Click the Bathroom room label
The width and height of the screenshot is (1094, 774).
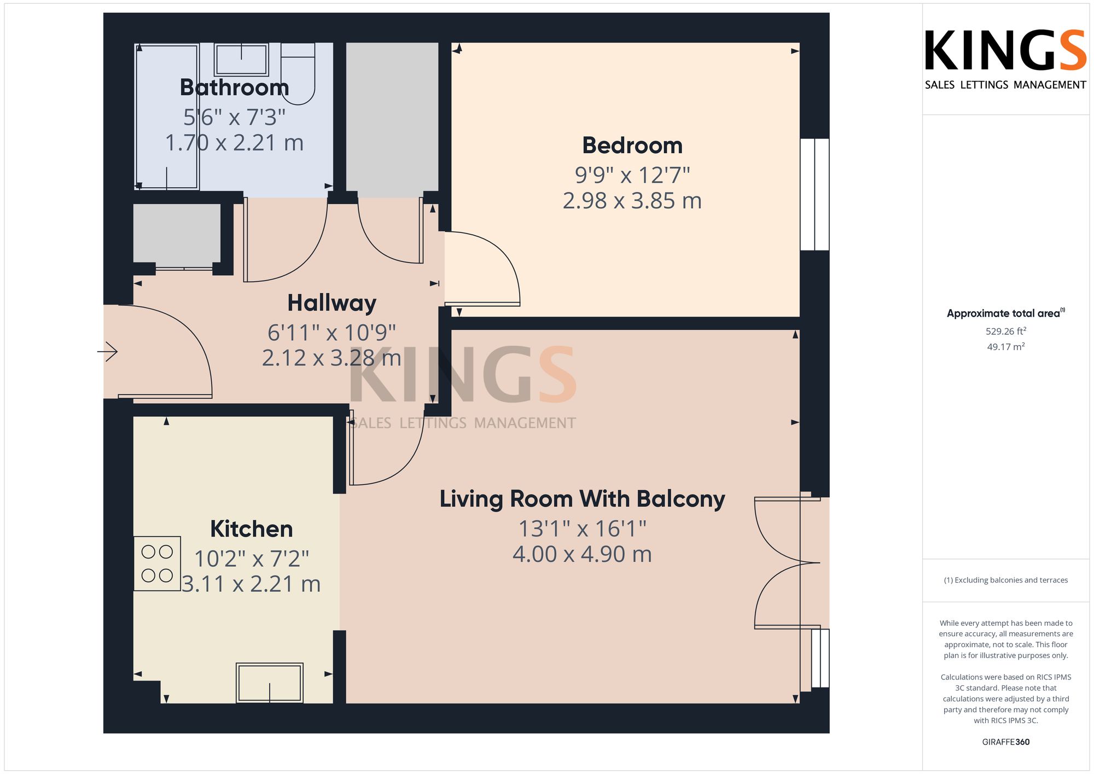pyautogui.click(x=234, y=88)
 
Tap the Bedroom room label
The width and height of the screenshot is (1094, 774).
pyautogui.click(x=632, y=146)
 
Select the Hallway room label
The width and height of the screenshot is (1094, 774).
pyautogui.click(x=332, y=304)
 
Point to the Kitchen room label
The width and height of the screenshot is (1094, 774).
pyautogui.click(x=252, y=529)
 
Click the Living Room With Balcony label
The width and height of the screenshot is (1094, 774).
pyautogui.click(x=583, y=499)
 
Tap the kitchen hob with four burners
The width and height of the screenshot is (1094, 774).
pyautogui.click(x=158, y=563)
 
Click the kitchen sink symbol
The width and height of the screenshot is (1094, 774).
pyautogui.click(x=270, y=683)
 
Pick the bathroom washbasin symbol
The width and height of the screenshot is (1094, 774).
pyautogui.click(x=241, y=59)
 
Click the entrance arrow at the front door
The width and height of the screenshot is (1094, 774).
pyautogui.click(x=108, y=351)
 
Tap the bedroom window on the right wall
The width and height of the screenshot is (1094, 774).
pyautogui.click(x=814, y=194)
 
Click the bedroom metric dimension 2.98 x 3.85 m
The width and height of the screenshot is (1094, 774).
pyautogui.click(x=632, y=201)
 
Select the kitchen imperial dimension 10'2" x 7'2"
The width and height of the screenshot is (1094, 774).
pyautogui.click(x=252, y=559)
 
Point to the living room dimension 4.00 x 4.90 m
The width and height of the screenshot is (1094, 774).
pyautogui.click(x=583, y=554)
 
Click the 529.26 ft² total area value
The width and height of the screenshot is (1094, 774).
pyautogui.click(x=1006, y=331)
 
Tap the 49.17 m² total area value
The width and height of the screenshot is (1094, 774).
pyautogui.click(x=1006, y=347)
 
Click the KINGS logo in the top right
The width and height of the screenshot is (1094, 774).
pyautogui.click(x=1005, y=59)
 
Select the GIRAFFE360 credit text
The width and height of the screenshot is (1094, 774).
pyautogui.click(x=1006, y=742)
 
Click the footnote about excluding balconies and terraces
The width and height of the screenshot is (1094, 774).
pyautogui.click(x=1006, y=580)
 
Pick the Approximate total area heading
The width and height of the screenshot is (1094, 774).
pyautogui.click(x=1006, y=313)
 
